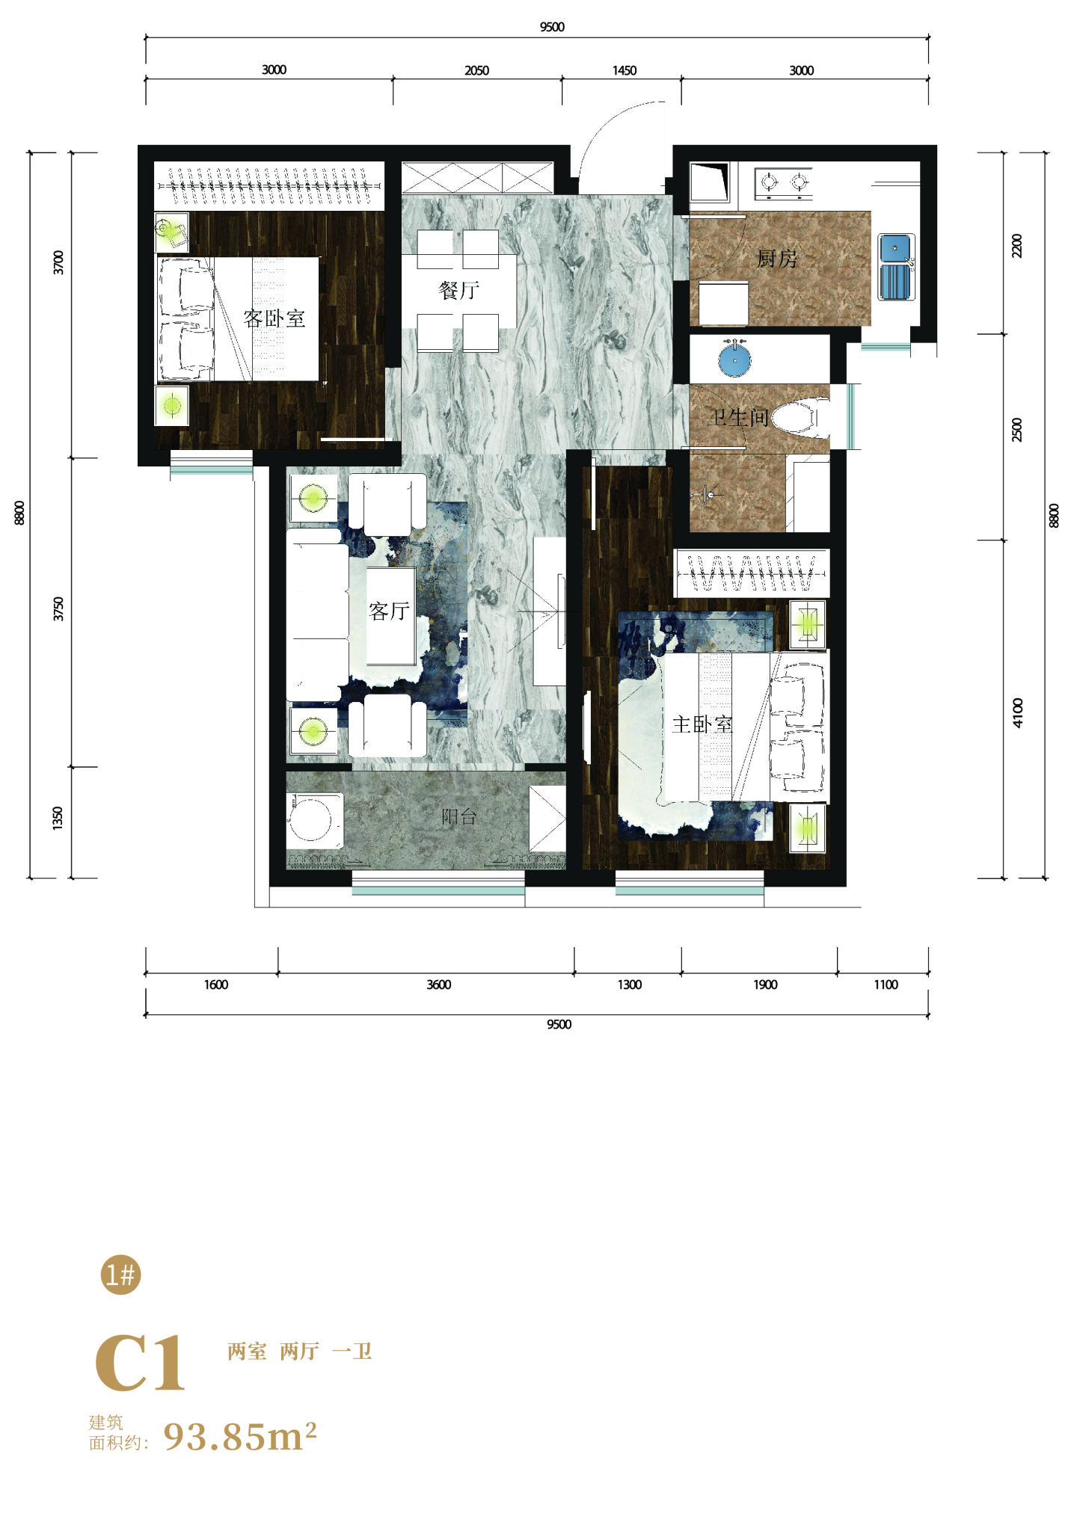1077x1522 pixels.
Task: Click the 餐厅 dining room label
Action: click(458, 290)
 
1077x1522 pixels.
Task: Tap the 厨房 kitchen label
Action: click(777, 259)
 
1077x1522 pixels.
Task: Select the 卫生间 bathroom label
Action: click(738, 417)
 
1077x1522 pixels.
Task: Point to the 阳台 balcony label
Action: click(458, 816)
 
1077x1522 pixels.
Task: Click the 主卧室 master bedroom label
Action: click(702, 724)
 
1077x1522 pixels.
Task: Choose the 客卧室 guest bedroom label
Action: click(274, 318)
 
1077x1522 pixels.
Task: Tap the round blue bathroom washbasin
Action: click(734, 360)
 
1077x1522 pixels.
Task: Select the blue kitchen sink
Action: click(895, 267)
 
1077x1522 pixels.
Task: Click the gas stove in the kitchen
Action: click(784, 183)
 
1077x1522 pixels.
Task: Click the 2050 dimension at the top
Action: click(476, 70)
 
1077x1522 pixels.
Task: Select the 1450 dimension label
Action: click(625, 70)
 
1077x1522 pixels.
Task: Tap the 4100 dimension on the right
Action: click(1017, 712)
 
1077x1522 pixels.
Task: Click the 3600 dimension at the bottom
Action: click(438, 985)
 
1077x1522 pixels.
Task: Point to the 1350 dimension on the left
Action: click(58, 818)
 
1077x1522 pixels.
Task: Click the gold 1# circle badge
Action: click(120, 1275)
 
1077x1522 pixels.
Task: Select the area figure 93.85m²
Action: click(240, 1435)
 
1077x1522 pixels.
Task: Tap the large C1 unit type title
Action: click(140, 1364)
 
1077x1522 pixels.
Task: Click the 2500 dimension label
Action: click(1016, 430)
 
